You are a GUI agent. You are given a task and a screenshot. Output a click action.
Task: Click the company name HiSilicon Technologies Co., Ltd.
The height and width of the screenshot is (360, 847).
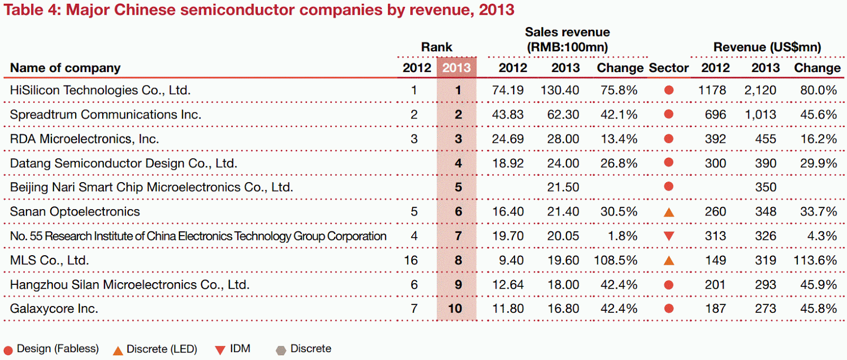pyautogui.click(x=100, y=91)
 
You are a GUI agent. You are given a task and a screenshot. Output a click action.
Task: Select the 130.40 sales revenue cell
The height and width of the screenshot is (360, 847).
pyautogui.click(x=560, y=91)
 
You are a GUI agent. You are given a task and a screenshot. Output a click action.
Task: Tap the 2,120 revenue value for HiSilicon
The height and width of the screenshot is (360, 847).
pyautogui.click(x=760, y=91)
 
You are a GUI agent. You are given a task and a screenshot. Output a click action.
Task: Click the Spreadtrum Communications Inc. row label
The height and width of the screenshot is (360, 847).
pyautogui.click(x=105, y=115)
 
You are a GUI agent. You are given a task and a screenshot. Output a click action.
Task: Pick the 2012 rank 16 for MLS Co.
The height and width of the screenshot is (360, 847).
pyautogui.click(x=411, y=260)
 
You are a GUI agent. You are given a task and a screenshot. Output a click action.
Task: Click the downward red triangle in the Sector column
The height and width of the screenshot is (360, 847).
pyautogui.click(x=669, y=236)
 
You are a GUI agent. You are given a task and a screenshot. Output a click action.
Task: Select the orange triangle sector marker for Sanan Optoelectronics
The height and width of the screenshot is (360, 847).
pyautogui.click(x=669, y=212)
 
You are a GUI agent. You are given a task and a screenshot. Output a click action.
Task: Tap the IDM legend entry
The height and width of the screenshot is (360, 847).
pyautogui.click(x=233, y=349)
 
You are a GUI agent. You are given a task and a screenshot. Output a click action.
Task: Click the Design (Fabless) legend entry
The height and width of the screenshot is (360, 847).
pyautogui.click(x=51, y=349)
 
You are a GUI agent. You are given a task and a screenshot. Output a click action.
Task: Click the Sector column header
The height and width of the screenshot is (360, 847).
pyautogui.click(x=669, y=68)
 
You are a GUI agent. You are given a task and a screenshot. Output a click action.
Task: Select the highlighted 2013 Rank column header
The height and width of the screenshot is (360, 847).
pyautogui.click(x=456, y=68)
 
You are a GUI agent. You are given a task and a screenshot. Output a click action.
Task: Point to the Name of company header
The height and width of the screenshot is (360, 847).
pyautogui.click(x=65, y=68)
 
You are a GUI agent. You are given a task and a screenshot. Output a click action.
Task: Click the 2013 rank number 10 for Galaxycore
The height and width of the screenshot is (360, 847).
pyautogui.click(x=455, y=309)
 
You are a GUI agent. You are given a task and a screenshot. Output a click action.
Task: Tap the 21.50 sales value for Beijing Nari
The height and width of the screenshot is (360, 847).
pyautogui.click(x=563, y=187)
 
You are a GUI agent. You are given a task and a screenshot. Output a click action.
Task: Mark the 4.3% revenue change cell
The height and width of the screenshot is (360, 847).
pyautogui.click(x=822, y=236)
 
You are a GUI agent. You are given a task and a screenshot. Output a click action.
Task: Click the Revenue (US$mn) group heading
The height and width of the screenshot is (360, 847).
pyautogui.click(x=767, y=47)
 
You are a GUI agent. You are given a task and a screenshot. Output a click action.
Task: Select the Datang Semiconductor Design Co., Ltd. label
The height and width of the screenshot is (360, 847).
pyautogui.click(x=123, y=163)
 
